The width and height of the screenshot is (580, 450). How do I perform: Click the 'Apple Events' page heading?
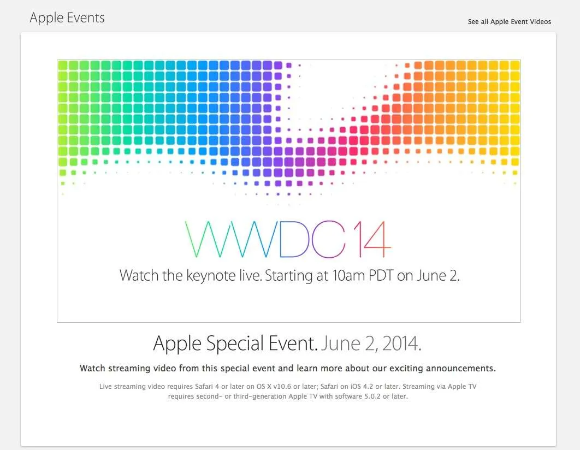(67, 17)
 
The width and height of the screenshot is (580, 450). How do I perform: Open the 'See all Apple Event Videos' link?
(510, 22)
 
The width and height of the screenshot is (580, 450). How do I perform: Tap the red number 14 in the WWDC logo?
(371, 239)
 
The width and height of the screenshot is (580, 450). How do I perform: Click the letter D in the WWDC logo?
(294, 239)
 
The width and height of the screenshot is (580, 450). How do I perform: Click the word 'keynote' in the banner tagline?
(211, 275)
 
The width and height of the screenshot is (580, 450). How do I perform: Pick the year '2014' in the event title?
(402, 344)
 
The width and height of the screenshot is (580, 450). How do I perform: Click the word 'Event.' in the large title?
(293, 344)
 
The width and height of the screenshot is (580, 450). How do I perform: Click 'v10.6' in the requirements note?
(282, 387)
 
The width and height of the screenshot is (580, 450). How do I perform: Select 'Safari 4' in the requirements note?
(207, 387)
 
